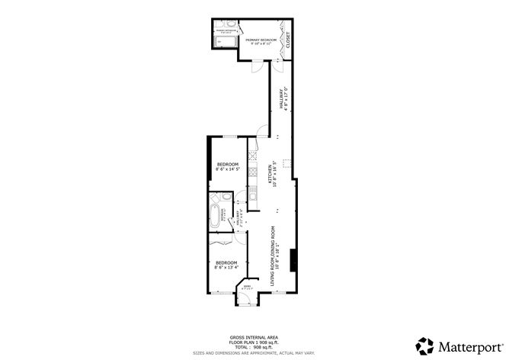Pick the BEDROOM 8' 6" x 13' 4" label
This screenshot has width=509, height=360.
coord(226,265)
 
